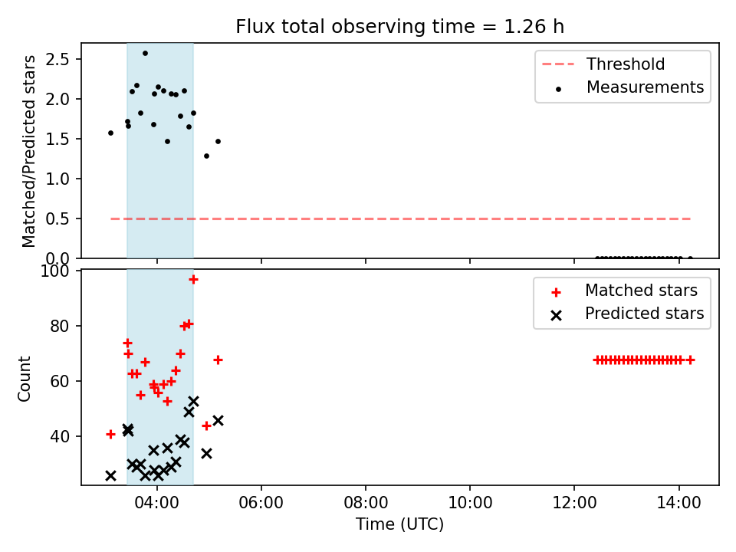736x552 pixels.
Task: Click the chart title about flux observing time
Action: click(399, 27)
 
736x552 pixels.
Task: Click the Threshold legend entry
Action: click(603, 64)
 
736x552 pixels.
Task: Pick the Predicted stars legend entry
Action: click(627, 314)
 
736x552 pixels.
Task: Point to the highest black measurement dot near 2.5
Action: click(145, 54)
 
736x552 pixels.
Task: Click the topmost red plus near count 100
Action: click(193, 280)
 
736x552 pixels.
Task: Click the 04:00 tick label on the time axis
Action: click(156, 503)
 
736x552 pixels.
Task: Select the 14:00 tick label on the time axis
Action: click(678, 503)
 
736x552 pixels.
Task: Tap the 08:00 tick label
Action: click(366, 503)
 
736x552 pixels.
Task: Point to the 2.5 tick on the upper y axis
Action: click(58, 59)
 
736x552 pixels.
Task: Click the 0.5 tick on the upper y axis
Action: click(58, 219)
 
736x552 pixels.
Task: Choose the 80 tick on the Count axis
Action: click(60, 326)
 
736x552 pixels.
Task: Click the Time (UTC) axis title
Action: click(399, 524)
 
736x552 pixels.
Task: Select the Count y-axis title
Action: click(25, 378)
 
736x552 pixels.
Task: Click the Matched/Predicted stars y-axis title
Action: click(28, 151)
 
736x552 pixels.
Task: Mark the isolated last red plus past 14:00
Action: click(690, 360)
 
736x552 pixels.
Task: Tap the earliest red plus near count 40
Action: click(110, 434)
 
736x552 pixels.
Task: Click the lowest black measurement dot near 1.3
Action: click(206, 156)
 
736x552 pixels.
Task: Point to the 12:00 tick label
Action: click(574, 503)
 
